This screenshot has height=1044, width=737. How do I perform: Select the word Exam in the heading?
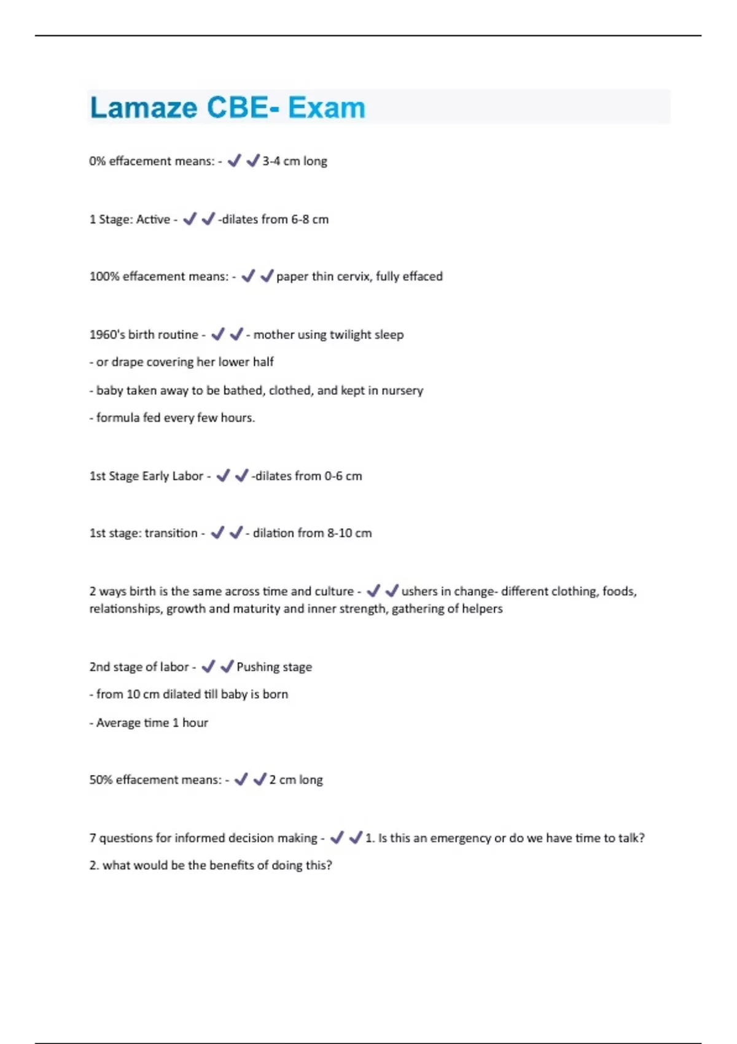[x=327, y=108]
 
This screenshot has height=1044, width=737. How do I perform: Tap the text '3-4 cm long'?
[x=295, y=162]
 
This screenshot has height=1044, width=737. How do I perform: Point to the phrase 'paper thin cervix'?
[x=324, y=276]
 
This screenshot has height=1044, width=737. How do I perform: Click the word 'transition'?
[x=171, y=533]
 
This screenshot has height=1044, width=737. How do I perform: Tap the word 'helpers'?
[x=482, y=609]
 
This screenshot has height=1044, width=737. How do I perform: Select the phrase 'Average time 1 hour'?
[x=152, y=723]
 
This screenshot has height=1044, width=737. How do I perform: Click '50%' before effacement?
[x=101, y=780]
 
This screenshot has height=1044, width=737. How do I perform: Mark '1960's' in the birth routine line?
[x=107, y=335]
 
